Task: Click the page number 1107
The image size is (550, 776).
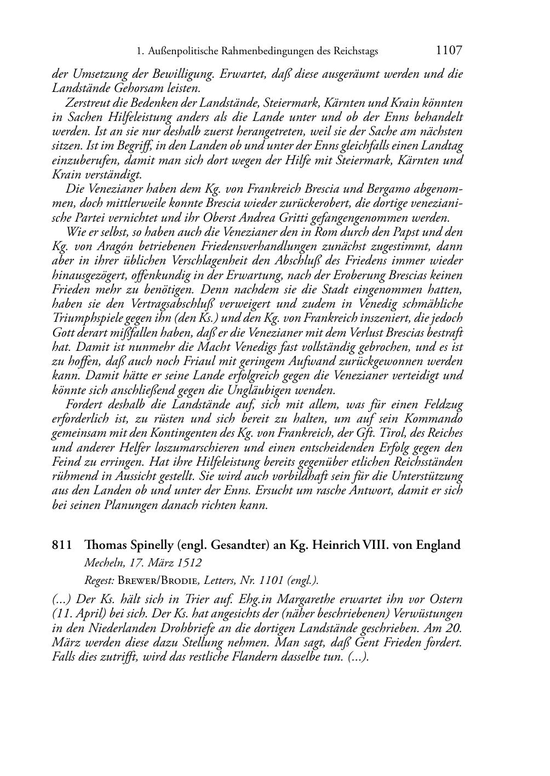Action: [x=449, y=51]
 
